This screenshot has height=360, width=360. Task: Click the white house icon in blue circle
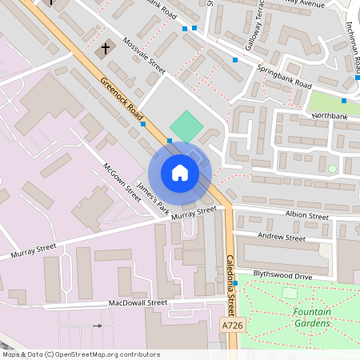click(x=180, y=173)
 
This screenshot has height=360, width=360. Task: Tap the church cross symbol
click(x=105, y=50)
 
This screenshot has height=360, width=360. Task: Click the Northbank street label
click(x=330, y=116)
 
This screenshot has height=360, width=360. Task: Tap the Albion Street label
click(x=307, y=216)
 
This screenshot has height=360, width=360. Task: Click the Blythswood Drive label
click(x=282, y=276)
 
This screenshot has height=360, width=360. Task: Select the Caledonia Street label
click(x=231, y=285)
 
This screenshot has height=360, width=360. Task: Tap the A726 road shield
click(x=232, y=326)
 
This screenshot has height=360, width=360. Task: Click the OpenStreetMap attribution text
click(x=81, y=354)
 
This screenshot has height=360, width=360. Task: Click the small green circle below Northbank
click(x=332, y=168)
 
